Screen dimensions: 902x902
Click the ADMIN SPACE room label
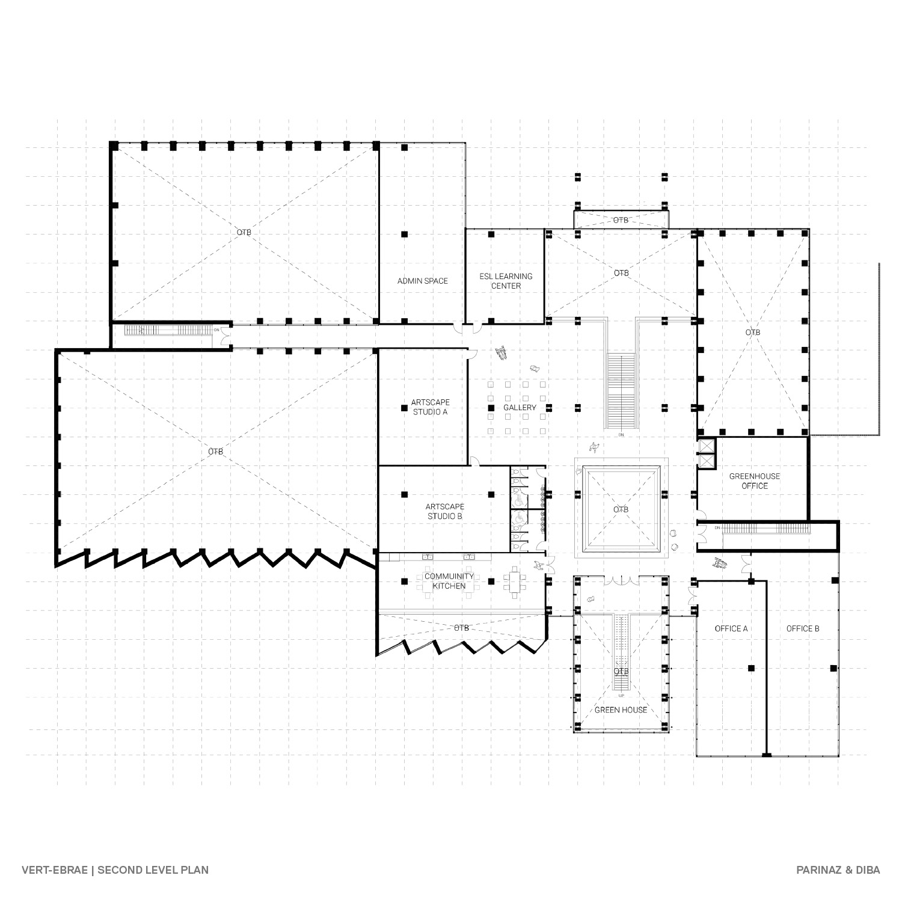pyautogui.click(x=422, y=281)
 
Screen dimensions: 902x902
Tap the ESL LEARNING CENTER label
pyautogui.click(x=506, y=281)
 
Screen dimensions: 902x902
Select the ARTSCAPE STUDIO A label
pyautogui.click(x=430, y=407)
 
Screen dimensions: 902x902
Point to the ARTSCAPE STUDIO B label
pyautogui.click(x=445, y=511)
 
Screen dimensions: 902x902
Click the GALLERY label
pyautogui.click(x=520, y=408)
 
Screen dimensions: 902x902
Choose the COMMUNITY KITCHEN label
pyautogui.click(x=449, y=581)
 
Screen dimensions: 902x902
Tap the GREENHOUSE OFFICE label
pyautogui.click(x=755, y=481)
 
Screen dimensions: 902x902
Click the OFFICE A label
pyautogui.click(x=731, y=628)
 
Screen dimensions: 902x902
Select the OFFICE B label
pyautogui.click(x=803, y=628)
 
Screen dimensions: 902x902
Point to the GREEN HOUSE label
pyautogui.click(x=621, y=710)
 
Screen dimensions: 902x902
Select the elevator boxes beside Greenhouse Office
pyautogui.click(x=706, y=454)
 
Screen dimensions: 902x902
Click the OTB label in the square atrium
pyautogui.click(x=621, y=509)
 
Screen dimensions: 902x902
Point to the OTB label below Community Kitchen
pyautogui.click(x=461, y=628)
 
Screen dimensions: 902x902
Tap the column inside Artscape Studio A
pyautogui.click(x=404, y=408)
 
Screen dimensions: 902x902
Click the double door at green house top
pyautogui.click(x=621, y=581)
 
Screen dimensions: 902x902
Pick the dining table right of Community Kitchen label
pyautogui.click(x=515, y=581)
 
